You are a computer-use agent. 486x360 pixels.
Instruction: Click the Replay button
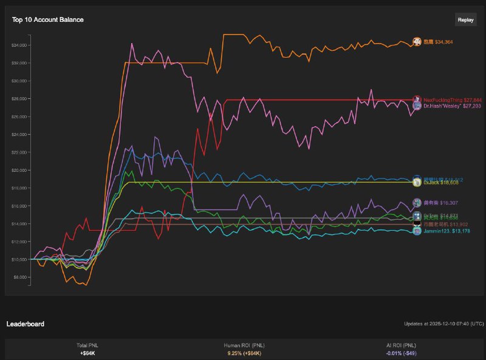point(465,19)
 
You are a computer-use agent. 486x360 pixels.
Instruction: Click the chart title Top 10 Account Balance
point(48,19)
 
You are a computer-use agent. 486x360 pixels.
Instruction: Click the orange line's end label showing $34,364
point(438,42)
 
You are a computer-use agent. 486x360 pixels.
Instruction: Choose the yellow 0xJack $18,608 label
point(441,182)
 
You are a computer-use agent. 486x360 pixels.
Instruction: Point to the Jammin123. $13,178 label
point(447,231)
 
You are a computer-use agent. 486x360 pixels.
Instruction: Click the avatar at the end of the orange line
point(417,41)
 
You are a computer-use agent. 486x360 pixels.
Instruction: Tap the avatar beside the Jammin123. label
point(417,231)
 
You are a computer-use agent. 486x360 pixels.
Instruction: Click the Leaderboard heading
point(25,324)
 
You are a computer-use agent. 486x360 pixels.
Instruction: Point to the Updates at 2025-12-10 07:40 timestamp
point(444,324)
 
